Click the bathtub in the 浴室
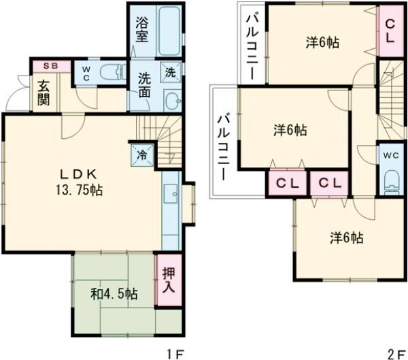pos(169,31)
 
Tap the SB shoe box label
pos(50,66)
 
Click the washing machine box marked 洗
pos(171,72)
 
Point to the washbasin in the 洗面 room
pos(173,100)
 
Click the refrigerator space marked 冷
pos(142,155)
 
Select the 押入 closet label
pos(169,280)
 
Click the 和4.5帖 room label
pos(114,295)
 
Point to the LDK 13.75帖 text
pos(79,182)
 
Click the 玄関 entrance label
pos(44,93)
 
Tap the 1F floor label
pos(176,354)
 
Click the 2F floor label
pos(397,354)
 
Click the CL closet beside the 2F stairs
pos(390,31)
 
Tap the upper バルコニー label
pos(252,47)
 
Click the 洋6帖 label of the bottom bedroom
pos(347,238)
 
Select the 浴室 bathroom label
pos(142,30)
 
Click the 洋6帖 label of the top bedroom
pos(322,42)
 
